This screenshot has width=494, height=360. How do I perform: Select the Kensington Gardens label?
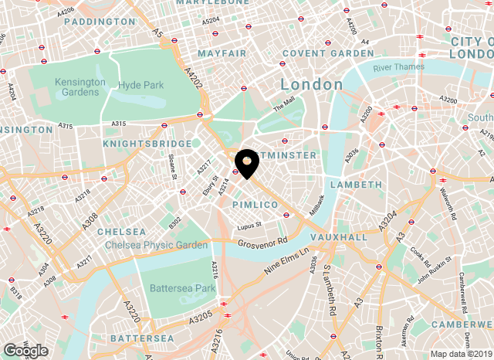(80, 87)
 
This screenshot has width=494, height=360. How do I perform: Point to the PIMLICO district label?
(255, 204)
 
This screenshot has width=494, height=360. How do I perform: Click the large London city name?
(312, 83)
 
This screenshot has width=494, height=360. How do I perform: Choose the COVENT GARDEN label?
(328, 53)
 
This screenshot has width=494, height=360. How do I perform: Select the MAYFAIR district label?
(222, 53)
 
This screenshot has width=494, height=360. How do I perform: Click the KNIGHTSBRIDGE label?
(147, 144)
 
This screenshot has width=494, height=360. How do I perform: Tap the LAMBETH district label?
(356, 185)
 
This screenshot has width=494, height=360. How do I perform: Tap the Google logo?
(25, 350)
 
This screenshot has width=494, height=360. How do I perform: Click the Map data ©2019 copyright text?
(460, 354)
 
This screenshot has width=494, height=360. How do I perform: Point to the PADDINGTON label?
(100, 22)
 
